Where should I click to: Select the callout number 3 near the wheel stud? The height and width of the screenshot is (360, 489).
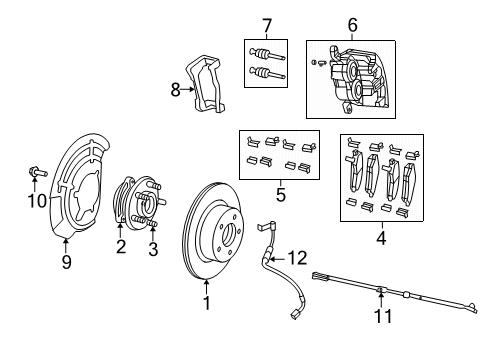pos(153,249)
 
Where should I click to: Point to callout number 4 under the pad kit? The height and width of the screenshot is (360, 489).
pos(380,238)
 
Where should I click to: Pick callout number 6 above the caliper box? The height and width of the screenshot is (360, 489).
pos(351,25)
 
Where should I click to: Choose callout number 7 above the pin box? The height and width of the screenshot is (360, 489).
pos(265,24)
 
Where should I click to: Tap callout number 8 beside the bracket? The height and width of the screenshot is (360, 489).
pos(177,89)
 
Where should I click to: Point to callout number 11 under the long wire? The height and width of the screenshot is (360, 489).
pos(381,318)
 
